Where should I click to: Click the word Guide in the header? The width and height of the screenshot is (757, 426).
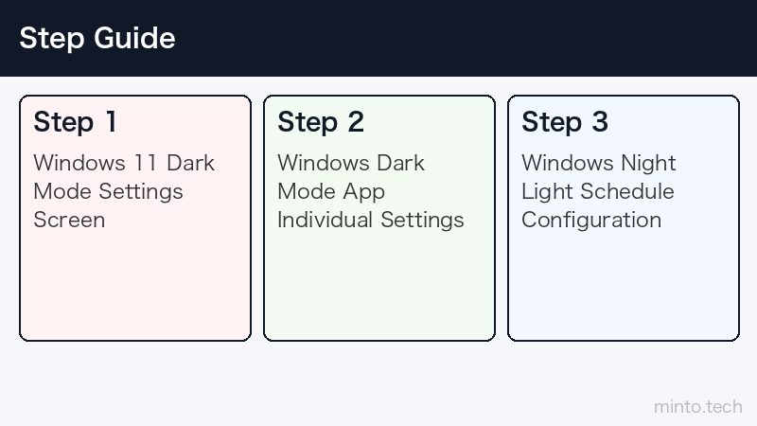pyautogui.click(x=134, y=38)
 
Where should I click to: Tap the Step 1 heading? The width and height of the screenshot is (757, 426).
pyautogui.click(x=75, y=122)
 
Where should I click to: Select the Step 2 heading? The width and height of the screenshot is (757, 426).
pyautogui.click(x=321, y=122)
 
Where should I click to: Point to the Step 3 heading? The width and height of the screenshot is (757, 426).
pyautogui.click(x=565, y=122)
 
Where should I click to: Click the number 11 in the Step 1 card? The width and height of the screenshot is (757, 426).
pyautogui.click(x=146, y=163)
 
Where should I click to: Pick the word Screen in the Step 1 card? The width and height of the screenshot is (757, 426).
pyautogui.click(x=69, y=220)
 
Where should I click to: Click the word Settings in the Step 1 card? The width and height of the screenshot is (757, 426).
pyautogui.click(x=141, y=192)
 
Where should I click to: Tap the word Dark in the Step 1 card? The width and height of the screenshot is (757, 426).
pyautogui.click(x=191, y=163)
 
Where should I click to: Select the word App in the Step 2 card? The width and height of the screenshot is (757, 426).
pyautogui.click(x=364, y=192)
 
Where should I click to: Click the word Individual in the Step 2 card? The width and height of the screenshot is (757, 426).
pyautogui.click(x=325, y=220)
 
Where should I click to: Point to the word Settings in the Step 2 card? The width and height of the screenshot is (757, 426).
pyautogui.click(x=422, y=221)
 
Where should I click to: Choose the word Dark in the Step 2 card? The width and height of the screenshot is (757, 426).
pyautogui.click(x=400, y=163)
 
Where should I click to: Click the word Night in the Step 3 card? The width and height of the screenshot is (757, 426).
pyautogui.click(x=648, y=164)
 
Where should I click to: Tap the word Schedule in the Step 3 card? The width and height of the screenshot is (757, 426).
pyautogui.click(x=627, y=191)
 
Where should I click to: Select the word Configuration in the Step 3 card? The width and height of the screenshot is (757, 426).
pyautogui.click(x=591, y=221)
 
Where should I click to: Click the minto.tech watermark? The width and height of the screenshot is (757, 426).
pyautogui.click(x=698, y=407)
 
